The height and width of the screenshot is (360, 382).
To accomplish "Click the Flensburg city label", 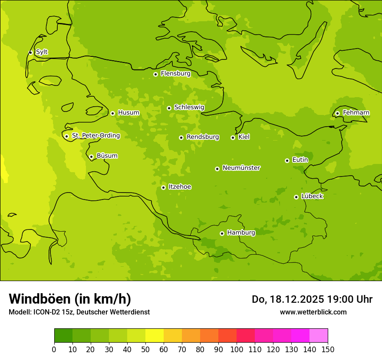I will (x=175, y=74).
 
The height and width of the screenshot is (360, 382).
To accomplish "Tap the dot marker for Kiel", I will (x=233, y=137).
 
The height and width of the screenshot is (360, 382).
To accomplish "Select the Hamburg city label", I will (x=241, y=233).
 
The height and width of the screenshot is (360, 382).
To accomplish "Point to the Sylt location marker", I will (x=30, y=52).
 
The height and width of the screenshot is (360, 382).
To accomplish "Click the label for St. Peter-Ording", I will (x=95, y=136).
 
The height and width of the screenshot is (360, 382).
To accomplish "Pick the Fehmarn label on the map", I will (x=356, y=113).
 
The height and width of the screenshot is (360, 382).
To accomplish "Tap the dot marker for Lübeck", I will (x=296, y=197).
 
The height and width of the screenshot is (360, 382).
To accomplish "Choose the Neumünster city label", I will (x=241, y=168).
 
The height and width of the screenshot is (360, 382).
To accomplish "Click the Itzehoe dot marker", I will (x=163, y=187).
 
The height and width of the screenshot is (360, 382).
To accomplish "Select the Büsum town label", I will (x=107, y=156).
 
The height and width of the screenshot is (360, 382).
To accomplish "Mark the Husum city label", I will (x=128, y=113).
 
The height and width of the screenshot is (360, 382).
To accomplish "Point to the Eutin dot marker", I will (x=287, y=160).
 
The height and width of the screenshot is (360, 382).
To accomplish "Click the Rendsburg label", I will (x=203, y=137).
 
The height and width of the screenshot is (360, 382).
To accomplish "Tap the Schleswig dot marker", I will (x=169, y=108).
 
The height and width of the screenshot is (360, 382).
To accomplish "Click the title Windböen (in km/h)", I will (x=70, y=299).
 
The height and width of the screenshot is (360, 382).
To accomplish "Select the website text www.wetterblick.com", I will (x=313, y=312).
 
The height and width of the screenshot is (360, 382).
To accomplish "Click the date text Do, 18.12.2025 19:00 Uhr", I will (x=312, y=299).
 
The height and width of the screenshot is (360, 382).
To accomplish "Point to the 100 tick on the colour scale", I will (x=237, y=349).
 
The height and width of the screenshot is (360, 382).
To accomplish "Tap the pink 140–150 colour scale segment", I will (x=319, y=336).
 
